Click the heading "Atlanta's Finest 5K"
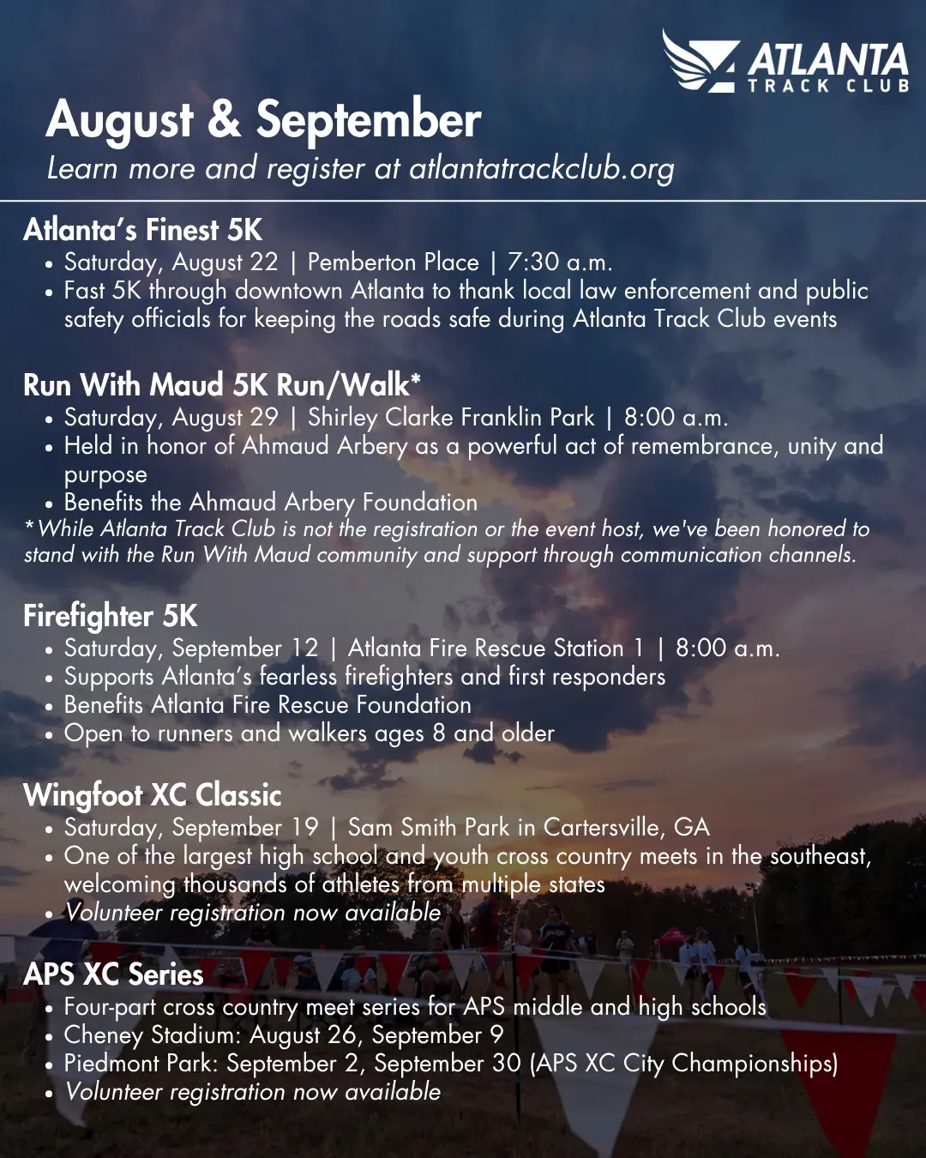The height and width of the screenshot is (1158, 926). coord(142,230)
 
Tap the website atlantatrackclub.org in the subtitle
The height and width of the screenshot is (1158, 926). coord(541,168)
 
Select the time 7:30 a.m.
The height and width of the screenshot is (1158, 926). coord(560,262)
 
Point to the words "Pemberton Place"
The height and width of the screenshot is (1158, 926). coord(393,262)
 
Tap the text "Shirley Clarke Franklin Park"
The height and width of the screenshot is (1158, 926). coord(451,418)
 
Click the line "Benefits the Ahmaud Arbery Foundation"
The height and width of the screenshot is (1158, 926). coord(271,503)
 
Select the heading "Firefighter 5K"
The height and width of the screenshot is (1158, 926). coord(111,616)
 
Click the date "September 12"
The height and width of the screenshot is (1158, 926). coord(245,648)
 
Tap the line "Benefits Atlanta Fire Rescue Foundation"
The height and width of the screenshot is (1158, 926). coord(268,705)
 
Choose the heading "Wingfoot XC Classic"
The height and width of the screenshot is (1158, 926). coord(153,795)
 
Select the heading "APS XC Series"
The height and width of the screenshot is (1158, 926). coord(113,974)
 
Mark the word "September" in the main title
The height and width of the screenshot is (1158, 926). coord(368,121)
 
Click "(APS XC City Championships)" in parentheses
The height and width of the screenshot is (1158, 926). coord(684,1064)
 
